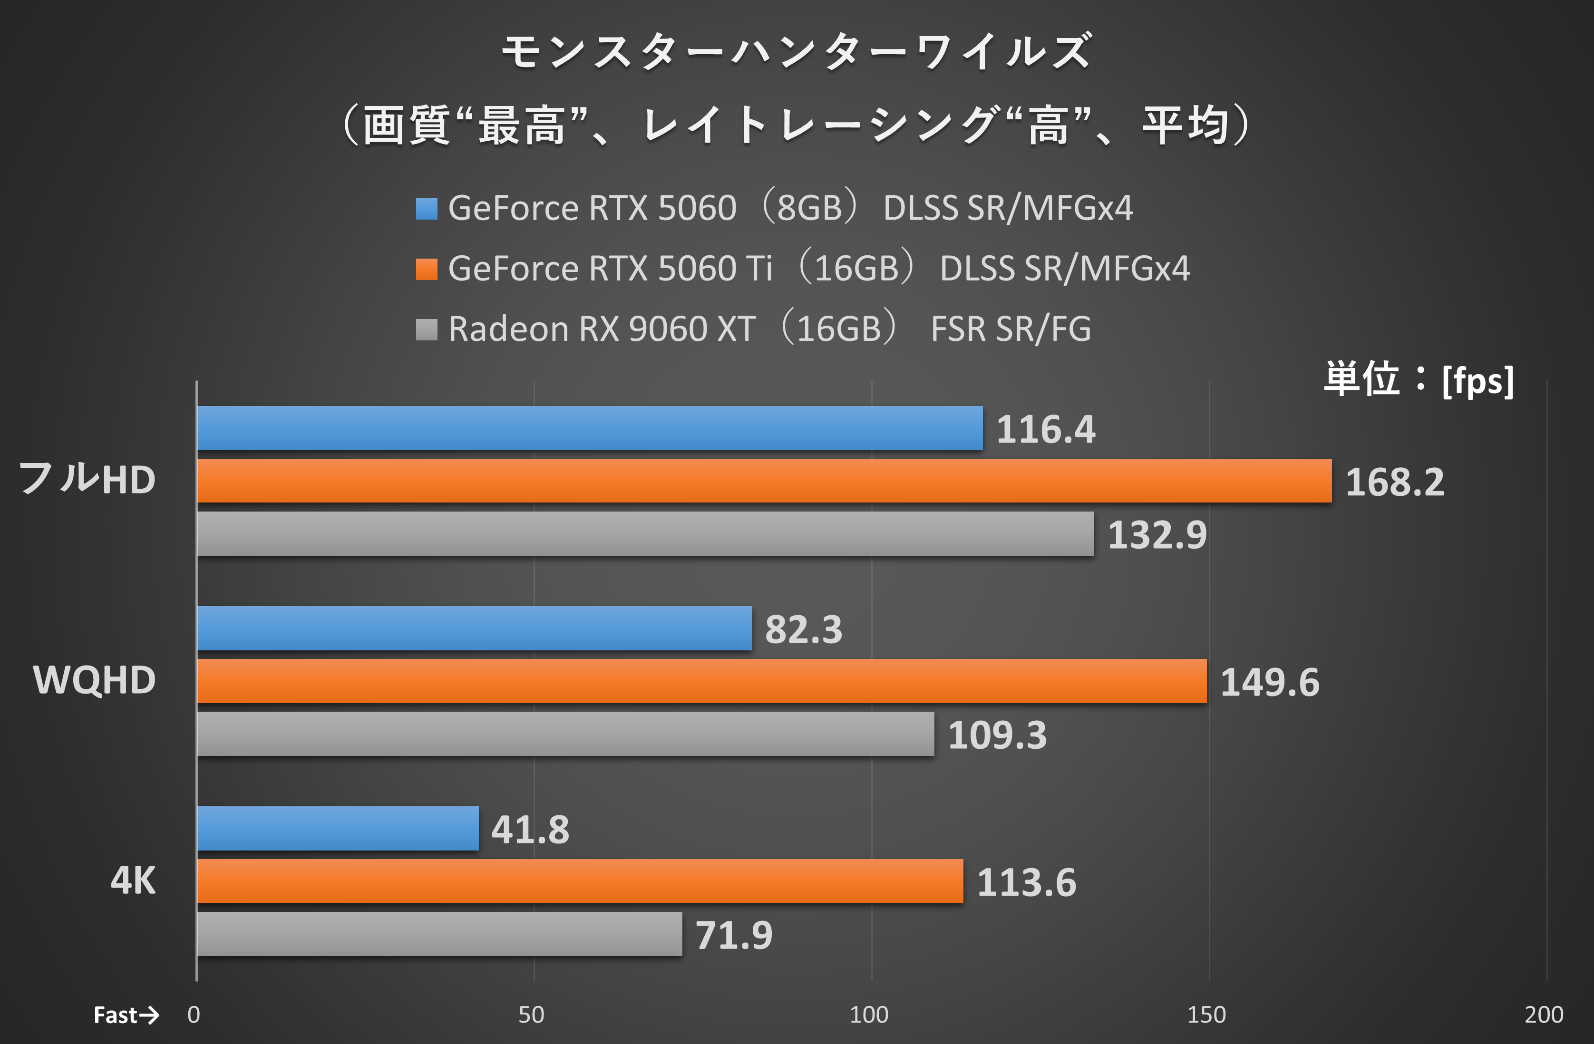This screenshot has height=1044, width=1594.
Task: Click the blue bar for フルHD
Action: point(589,428)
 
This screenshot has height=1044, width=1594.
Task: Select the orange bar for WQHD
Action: point(701,681)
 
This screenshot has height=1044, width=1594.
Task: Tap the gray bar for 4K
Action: point(439,934)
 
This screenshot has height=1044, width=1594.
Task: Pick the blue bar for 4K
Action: point(338,828)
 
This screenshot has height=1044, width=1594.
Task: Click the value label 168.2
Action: point(1394,482)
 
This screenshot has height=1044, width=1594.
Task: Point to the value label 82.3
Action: point(803,629)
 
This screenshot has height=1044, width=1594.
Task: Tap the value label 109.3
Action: point(997,735)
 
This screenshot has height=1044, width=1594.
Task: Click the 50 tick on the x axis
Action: point(531,1015)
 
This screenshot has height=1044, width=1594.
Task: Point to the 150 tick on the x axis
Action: point(1206,1015)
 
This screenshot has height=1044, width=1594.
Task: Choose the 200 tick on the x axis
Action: point(1544,1015)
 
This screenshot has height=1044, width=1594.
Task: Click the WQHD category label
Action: point(95,680)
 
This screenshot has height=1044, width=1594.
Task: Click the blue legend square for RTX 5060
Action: point(427,208)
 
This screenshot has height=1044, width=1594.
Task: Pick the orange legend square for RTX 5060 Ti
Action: point(427,269)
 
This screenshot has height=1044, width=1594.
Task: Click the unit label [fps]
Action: point(1477,381)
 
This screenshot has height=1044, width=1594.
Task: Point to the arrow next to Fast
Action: point(149,1015)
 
